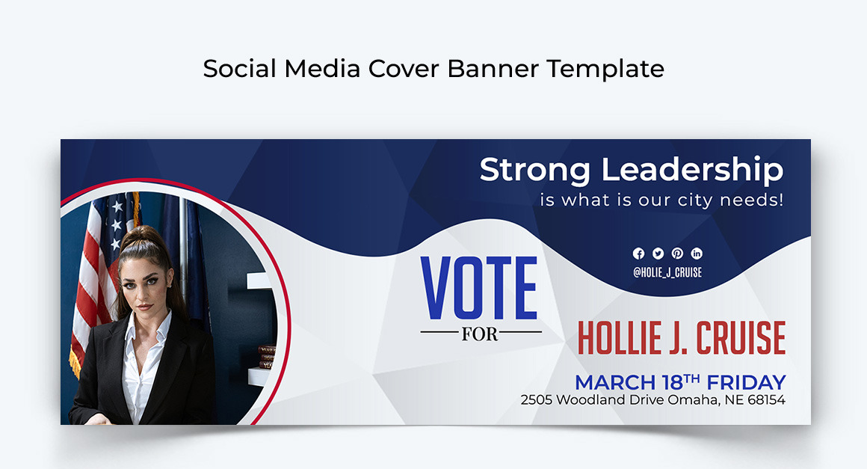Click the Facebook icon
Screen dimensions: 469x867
pyautogui.click(x=638, y=254)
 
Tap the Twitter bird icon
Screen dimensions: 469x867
pyautogui.click(x=658, y=254)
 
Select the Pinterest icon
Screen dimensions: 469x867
pyautogui.click(x=677, y=254)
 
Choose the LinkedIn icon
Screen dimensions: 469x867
pyautogui.click(x=697, y=254)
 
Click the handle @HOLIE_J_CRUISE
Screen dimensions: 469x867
pyautogui.click(x=667, y=273)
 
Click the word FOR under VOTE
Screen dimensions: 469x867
pyautogui.click(x=480, y=334)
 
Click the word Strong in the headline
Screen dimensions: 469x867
pyautogui.click(x=535, y=170)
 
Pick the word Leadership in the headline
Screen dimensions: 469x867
pyautogui.click(x=693, y=171)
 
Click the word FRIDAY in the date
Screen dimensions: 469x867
pyautogui.click(x=746, y=382)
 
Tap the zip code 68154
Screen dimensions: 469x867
pyautogui.click(x=763, y=400)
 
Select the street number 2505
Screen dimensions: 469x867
pyautogui.click(x=537, y=400)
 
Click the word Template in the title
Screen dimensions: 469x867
pyautogui.click(x=605, y=70)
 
